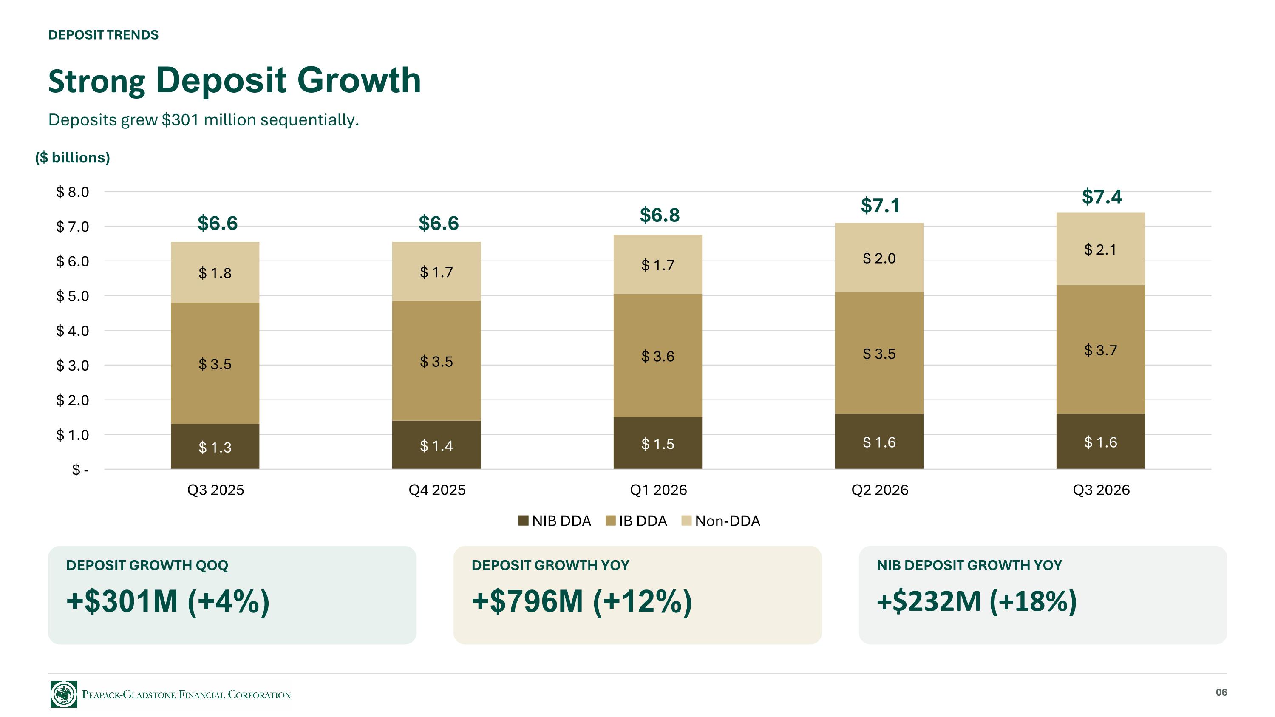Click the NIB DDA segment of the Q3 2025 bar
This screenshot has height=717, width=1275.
click(215, 446)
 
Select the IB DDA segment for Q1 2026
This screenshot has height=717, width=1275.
click(658, 356)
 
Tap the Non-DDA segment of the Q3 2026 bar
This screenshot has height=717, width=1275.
click(1101, 249)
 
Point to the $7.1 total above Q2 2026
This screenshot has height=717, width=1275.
click(880, 205)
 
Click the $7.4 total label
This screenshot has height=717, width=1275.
click(1102, 197)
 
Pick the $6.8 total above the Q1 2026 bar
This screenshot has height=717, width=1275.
click(660, 215)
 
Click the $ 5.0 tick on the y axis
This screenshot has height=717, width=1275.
click(72, 296)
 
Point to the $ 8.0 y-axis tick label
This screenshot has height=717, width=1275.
click(72, 192)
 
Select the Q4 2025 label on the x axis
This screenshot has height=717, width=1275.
click(437, 490)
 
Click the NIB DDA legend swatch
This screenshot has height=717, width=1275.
click(523, 521)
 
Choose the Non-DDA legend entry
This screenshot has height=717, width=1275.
click(721, 521)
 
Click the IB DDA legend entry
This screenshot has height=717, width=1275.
click(637, 521)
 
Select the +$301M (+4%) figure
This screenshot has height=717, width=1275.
click(168, 601)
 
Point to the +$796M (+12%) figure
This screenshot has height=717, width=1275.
click(581, 601)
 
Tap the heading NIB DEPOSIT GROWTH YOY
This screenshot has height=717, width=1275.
click(969, 565)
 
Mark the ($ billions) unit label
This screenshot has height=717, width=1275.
click(72, 157)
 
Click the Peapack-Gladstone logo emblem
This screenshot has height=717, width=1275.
click(64, 694)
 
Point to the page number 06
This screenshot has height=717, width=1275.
click(1221, 692)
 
